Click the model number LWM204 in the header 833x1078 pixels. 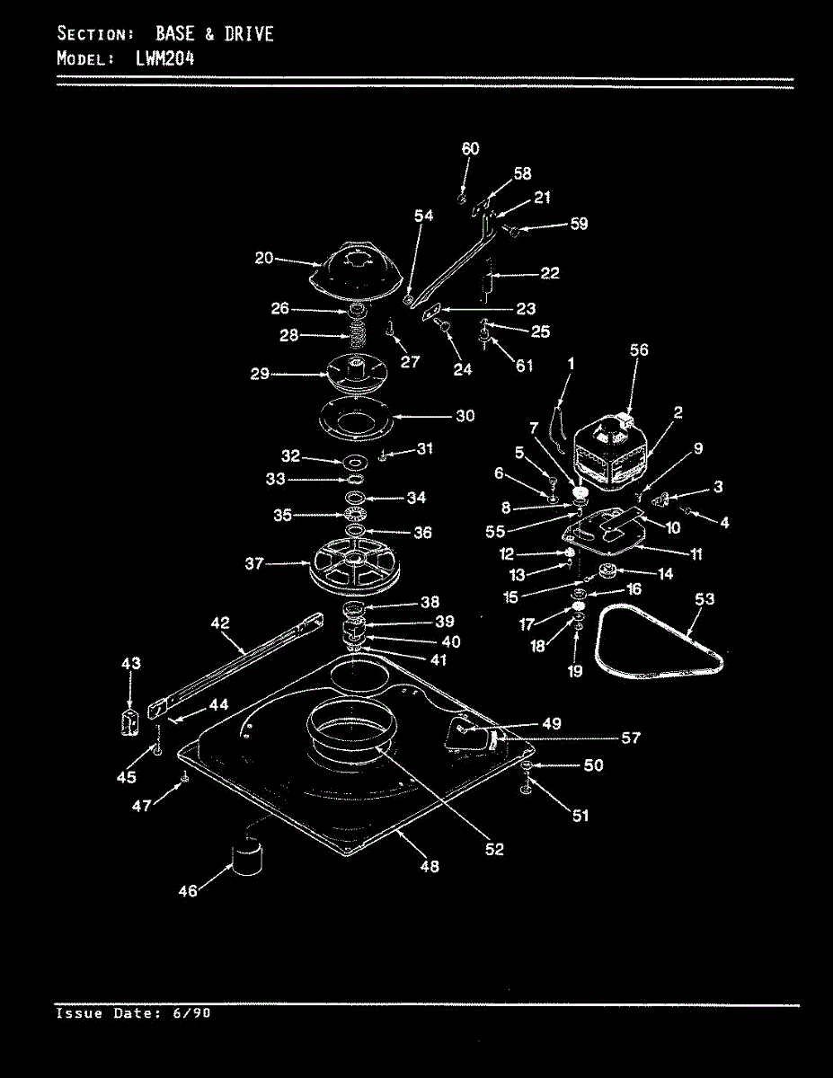click(164, 59)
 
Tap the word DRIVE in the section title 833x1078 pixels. click(249, 34)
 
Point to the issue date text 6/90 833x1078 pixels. click(191, 1012)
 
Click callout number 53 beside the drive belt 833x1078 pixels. click(705, 599)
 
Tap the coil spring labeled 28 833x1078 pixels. click(357, 335)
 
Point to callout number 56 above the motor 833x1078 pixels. click(639, 350)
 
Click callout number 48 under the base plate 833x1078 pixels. click(430, 866)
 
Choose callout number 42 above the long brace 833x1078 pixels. click(220, 623)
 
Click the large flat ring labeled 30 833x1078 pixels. click(356, 418)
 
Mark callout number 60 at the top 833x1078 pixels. click(470, 149)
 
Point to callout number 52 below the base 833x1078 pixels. click(494, 849)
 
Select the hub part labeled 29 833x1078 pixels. click(356, 374)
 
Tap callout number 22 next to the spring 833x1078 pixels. click(550, 273)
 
